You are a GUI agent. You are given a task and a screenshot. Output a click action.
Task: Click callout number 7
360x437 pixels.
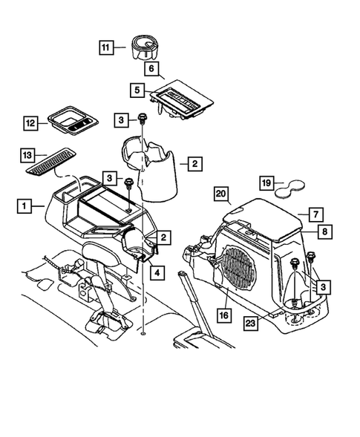coord(314,214)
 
